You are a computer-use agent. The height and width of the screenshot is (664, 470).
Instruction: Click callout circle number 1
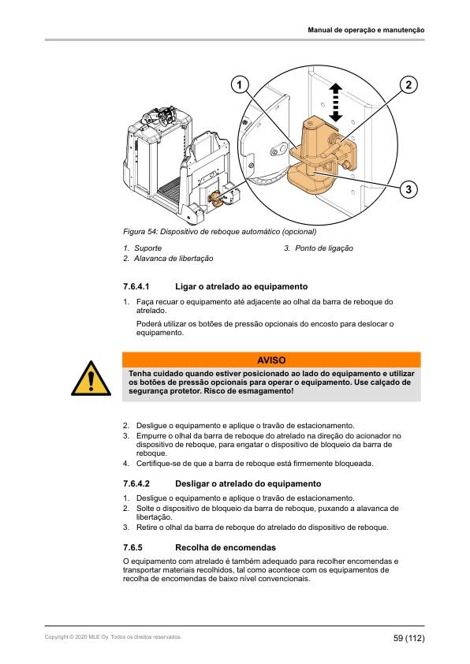tap(239, 84)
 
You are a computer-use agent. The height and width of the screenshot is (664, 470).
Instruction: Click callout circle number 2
tap(408, 84)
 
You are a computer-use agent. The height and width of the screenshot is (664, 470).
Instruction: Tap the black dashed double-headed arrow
tap(335, 102)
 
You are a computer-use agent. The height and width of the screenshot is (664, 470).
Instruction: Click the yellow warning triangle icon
tap(91, 378)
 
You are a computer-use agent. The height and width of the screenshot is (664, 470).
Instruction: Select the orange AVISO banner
tap(272, 359)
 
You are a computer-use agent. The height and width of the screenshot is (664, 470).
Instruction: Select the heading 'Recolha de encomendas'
tap(225, 546)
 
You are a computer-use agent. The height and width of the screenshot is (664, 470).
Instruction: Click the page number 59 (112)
tap(409, 637)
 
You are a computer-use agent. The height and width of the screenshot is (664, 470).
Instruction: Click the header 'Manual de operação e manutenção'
tap(366, 30)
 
